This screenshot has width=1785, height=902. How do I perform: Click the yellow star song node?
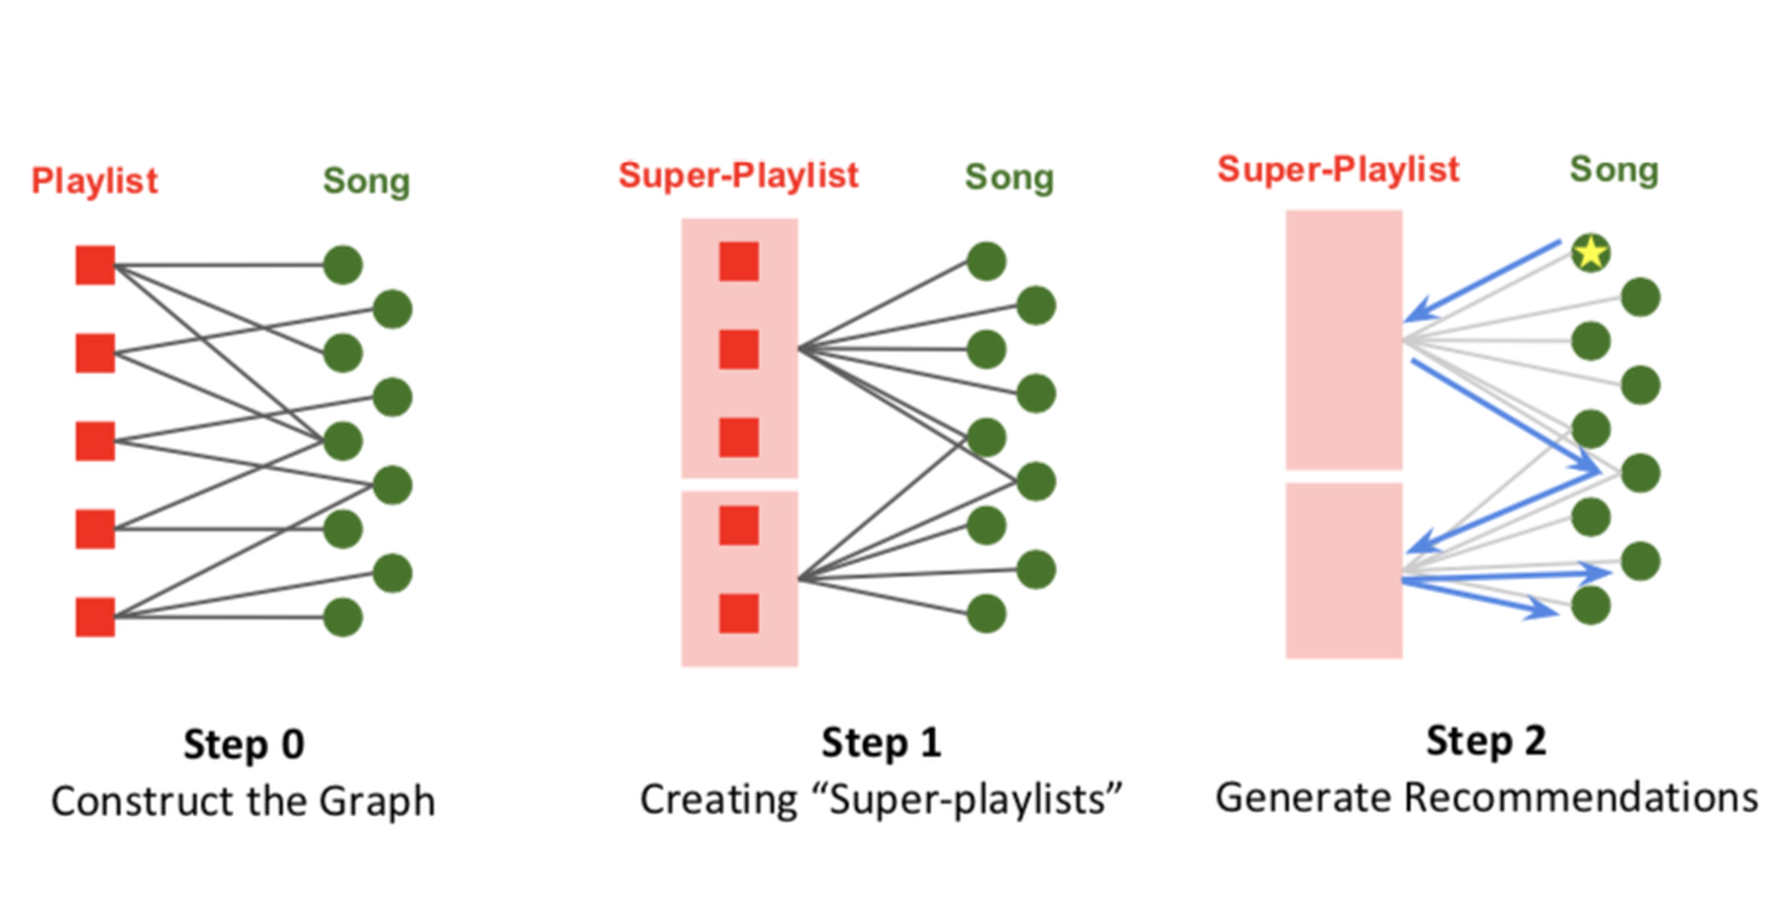(x=1591, y=253)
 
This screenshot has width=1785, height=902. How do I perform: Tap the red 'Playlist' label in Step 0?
(x=94, y=180)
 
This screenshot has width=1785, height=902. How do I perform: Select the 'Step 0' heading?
(x=244, y=744)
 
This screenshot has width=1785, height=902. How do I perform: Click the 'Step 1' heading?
(x=881, y=742)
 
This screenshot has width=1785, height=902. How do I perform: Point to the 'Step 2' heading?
(x=1486, y=740)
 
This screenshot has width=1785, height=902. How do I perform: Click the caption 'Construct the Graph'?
(x=243, y=801)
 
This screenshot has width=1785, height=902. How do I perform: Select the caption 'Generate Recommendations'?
(x=1487, y=797)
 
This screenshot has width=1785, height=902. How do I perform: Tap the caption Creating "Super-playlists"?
(x=881, y=799)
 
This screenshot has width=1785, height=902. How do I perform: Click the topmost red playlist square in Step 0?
(x=95, y=265)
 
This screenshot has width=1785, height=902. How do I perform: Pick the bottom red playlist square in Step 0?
(x=95, y=617)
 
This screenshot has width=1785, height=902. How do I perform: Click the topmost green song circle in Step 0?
(x=343, y=265)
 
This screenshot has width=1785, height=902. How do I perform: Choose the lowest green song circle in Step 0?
(x=343, y=617)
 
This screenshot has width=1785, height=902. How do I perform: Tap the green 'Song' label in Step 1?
(x=1009, y=177)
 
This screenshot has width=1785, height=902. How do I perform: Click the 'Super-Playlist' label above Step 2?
(x=1338, y=169)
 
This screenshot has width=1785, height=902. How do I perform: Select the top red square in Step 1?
(x=739, y=262)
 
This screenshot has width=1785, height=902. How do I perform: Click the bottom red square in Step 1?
(x=739, y=613)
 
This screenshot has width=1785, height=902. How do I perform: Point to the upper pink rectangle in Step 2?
(x=1344, y=339)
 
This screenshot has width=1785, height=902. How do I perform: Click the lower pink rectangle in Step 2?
(x=1344, y=570)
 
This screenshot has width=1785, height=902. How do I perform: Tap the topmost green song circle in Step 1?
(x=987, y=262)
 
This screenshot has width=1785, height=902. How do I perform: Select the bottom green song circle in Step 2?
(x=1591, y=606)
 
